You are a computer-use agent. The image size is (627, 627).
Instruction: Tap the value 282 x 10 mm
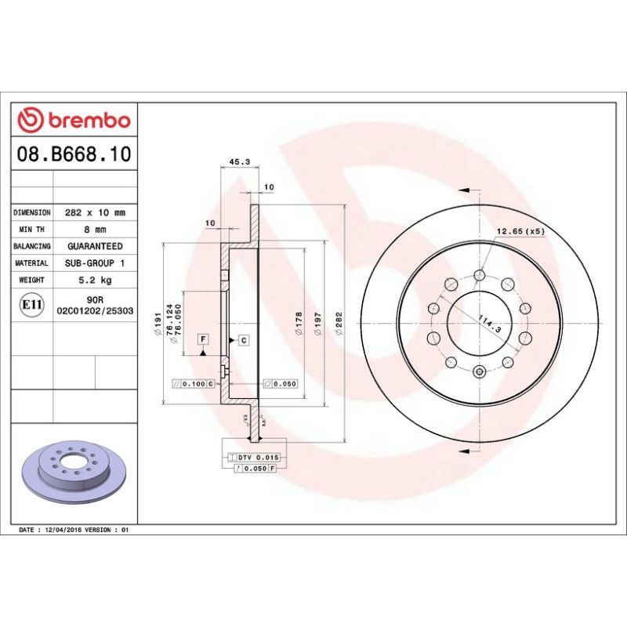click(x=95, y=212)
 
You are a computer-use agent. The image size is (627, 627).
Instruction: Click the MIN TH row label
click(x=32, y=230)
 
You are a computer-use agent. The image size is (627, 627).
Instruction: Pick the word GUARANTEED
click(x=95, y=246)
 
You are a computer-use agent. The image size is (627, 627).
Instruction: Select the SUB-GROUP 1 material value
click(x=95, y=263)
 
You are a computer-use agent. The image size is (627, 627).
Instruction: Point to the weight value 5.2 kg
click(x=95, y=280)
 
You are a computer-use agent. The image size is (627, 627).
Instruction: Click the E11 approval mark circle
click(x=31, y=304)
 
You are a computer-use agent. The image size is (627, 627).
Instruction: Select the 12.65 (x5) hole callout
click(x=520, y=231)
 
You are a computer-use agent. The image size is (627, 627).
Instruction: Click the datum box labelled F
click(x=203, y=339)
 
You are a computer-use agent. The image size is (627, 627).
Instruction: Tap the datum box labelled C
click(x=243, y=340)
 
